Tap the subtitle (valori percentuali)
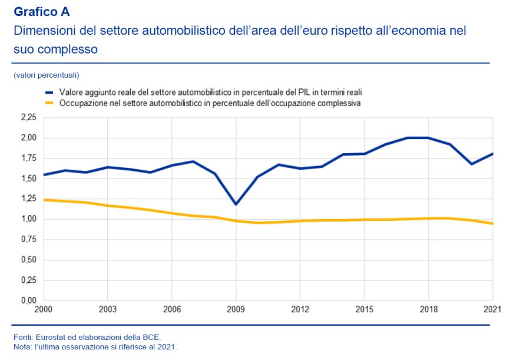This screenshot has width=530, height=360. [x=46, y=75]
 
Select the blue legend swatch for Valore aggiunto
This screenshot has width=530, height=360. [x=49, y=93]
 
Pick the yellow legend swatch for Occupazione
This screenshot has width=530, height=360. [x=49, y=103]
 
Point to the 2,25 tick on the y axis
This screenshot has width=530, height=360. [x=28, y=118]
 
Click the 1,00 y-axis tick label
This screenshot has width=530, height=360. [x=28, y=219]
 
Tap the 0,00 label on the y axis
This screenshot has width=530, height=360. [x=28, y=300]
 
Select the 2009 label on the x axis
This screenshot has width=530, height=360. [x=236, y=309]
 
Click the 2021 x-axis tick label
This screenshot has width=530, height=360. [x=492, y=309]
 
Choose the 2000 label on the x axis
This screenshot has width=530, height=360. [x=44, y=309]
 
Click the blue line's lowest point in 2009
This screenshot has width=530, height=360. [x=236, y=204]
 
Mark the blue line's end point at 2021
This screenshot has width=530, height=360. [x=492, y=154]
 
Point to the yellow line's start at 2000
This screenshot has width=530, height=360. [x=44, y=200]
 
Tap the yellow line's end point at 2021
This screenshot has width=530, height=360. [x=492, y=223]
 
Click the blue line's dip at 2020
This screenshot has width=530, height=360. [x=471, y=164]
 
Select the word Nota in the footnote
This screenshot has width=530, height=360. [x=22, y=346]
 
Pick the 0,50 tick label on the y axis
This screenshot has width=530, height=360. [x=28, y=260]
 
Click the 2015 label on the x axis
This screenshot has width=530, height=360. [x=364, y=309]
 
